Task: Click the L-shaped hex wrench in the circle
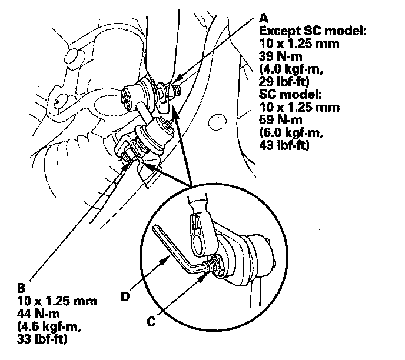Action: [176, 250]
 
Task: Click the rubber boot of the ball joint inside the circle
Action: [250, 259]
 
